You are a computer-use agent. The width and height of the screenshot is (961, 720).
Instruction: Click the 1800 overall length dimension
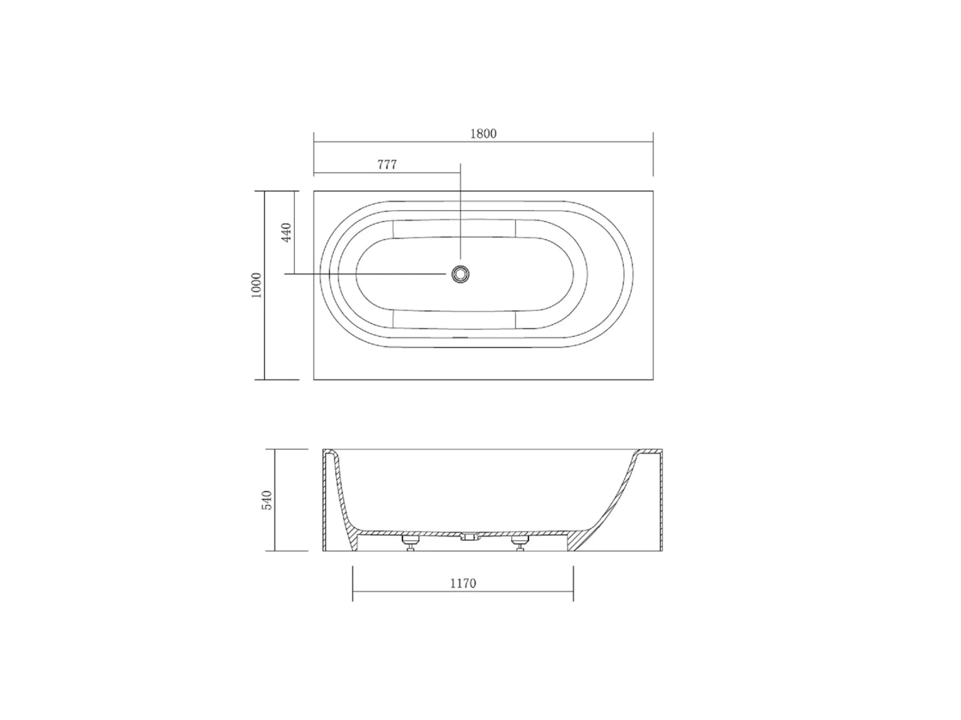pos(483,134)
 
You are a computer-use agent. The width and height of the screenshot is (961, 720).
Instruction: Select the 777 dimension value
pos(387,165)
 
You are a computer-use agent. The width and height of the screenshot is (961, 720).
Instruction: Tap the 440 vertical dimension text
pos(286,232)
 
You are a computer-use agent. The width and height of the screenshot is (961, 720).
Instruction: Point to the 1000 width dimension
pos(257,285)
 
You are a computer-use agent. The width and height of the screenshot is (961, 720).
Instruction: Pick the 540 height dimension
pos(267,500)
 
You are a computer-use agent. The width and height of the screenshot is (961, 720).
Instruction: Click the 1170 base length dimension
pos(462,583)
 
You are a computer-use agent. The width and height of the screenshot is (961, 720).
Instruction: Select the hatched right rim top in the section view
pos(649,451)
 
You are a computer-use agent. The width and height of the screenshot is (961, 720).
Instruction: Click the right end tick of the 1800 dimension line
pos(653,141)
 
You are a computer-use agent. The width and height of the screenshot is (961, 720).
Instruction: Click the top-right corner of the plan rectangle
pos(653,191)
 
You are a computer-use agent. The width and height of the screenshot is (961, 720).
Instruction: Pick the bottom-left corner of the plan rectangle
pos(314,379)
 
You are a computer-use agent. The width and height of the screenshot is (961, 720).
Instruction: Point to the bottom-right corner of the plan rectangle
pos(653,379)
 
